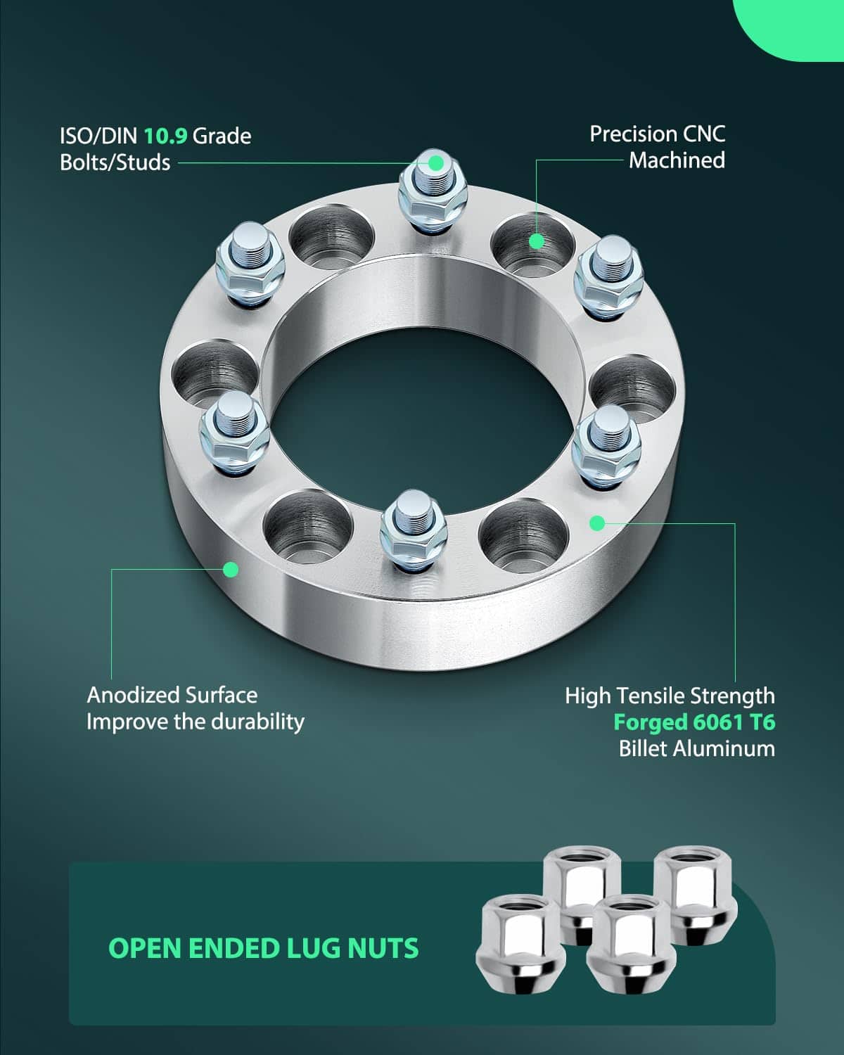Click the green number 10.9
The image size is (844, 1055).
[165, 136]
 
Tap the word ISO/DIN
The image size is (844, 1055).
[98, 136]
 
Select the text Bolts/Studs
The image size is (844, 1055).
[115, 162]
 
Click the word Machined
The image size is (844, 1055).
[677, 160]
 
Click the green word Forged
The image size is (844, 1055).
[650, 722]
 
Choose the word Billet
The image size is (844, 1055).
[639, 748]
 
